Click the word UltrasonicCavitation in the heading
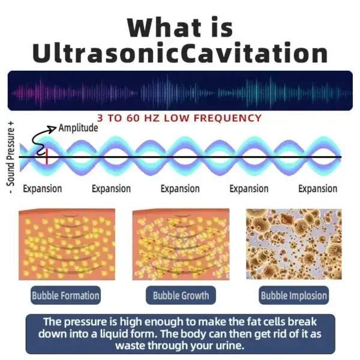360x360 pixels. (x=180, y=53)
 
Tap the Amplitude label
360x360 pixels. (x=78, y=128)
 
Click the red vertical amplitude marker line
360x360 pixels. (x=47, y=157)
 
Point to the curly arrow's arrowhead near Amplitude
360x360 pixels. (x=53, y=128)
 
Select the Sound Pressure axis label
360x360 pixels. (x=11, y=157)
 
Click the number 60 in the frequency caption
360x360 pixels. (x=133, y=118)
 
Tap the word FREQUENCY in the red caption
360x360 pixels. (x=227, y=118)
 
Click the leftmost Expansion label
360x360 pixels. (x=43, y=189)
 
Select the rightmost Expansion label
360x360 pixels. (x=318, y=189)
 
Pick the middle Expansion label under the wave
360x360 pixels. (x=180, y=189)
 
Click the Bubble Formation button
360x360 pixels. (x=65, y=295)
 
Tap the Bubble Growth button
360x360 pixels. (x=181, y=295)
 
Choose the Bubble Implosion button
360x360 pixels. (x=294, y=295)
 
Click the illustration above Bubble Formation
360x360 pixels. (x=67, y=244)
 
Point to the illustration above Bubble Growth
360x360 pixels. (x=181, y=244)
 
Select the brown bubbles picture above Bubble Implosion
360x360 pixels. (x=294, y=244)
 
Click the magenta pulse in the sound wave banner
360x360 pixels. (x=39, y=93)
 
